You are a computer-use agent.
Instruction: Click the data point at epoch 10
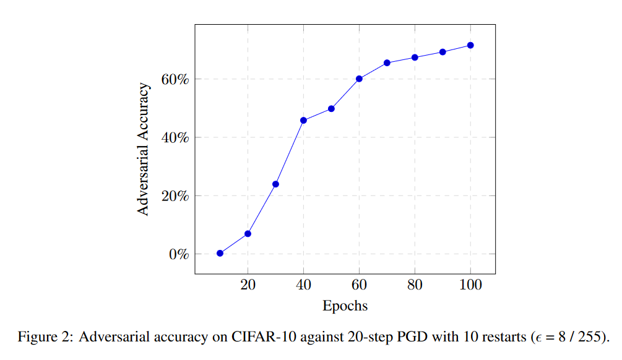(x=220, y=253)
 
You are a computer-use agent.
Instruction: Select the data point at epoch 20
(x=248, y=234)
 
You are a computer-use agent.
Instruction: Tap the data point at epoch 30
(x=275, y=184)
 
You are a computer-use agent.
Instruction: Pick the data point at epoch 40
(x=303, y=120)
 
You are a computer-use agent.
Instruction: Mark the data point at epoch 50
(x=331, y=108)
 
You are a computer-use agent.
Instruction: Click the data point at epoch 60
(x=359, y=79)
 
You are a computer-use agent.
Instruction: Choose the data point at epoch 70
(x=387, y=62)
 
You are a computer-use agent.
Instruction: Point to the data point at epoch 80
(x=415, y=58)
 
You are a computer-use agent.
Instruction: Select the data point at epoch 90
(x=443, y=52)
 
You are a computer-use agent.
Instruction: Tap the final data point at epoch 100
(x=470, y=45)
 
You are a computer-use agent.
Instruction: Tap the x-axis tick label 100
(x=470, y=285)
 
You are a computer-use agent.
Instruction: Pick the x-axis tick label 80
(x=415, y=285)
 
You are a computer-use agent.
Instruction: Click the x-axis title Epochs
(x=345, y=306)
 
